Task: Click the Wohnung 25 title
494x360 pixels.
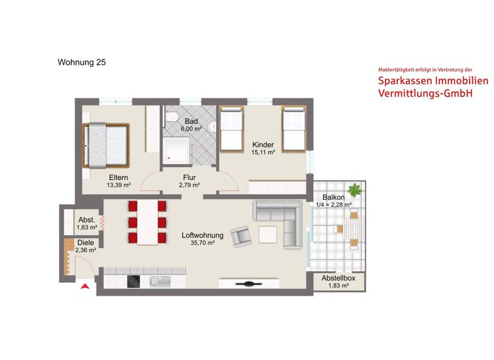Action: click(82, 62)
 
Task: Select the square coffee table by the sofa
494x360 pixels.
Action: click(268, 234)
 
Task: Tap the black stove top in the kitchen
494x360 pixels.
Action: click(134, 281)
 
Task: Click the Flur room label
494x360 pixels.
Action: click(189, 177)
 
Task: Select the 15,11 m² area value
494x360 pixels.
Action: click(264, 152)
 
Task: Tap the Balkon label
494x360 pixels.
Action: click(333, 197)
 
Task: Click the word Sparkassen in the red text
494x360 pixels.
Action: click(407, 82)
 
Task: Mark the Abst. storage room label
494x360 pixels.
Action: click(87, 219)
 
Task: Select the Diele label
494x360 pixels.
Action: click(86, 242)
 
